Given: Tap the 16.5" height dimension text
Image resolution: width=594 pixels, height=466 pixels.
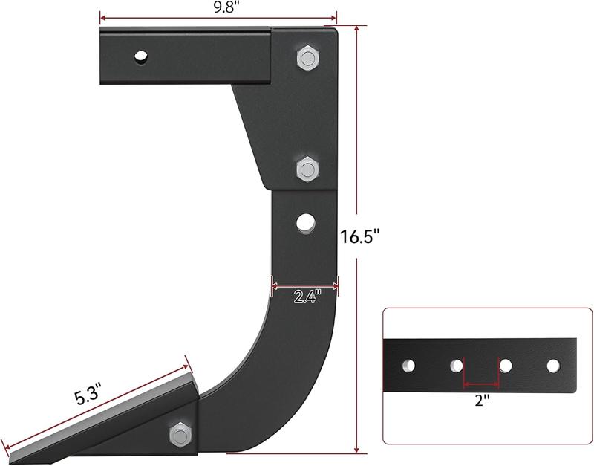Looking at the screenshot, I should pos(360,237).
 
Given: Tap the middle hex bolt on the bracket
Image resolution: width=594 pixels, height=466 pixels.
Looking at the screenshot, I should pos(307,169).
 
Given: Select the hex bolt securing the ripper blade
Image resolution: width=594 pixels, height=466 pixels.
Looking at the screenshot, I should pos(180,433).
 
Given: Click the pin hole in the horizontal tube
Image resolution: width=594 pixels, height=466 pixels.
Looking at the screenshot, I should pos(141,56).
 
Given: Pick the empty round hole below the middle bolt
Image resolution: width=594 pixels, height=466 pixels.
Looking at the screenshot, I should pos(304,221).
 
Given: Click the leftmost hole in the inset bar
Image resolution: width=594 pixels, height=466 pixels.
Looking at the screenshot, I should pos(408,366).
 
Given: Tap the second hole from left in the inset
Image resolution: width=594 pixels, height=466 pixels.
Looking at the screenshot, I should pos(457,366).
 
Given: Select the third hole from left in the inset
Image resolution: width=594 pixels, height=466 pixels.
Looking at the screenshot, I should pos(506,366).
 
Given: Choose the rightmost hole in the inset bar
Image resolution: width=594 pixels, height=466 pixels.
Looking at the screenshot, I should pos(553,366).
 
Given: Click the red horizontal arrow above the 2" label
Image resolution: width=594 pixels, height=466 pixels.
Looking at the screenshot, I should pos(481,384).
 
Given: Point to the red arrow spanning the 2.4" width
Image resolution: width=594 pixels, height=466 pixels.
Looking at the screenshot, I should pos(305,285).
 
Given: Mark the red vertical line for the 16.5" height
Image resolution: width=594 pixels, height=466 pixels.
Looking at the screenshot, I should pos(357,149).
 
